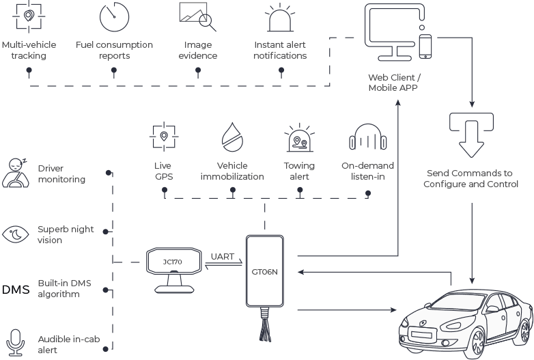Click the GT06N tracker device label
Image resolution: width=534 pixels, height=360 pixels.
point(265,272)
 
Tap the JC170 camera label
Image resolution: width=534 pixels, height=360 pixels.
point(172,262)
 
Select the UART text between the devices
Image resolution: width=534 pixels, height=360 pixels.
point(223,256)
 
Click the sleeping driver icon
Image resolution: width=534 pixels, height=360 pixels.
point(15,173)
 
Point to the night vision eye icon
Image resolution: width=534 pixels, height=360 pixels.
point(16,234)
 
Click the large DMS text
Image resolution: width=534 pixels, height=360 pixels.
point(16,290)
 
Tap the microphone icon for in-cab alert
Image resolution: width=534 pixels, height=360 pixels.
point(15,343)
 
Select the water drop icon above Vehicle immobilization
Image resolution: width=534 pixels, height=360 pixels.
point(232,137)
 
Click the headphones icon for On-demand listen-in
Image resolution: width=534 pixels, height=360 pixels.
point(368,137)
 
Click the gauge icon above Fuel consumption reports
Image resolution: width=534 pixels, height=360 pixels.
point(115,16)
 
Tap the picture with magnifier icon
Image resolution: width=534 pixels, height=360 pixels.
point(198,16)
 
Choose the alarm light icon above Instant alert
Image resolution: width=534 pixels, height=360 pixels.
point(280,18)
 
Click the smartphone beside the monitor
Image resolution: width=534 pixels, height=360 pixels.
point(425,46)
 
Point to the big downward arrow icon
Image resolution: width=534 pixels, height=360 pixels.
point(471,135)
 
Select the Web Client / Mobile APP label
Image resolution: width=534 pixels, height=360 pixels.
point(395,83)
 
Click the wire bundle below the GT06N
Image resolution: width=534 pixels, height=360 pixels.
point(266,324)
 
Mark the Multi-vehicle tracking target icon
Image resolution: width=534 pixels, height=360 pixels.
point(29,16)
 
